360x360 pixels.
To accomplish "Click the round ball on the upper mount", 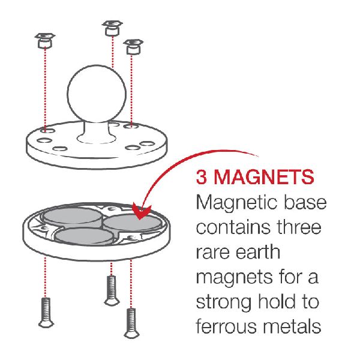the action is pos(97,94).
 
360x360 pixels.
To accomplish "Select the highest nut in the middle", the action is pos(112,28).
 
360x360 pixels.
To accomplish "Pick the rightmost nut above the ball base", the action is pos(133,47).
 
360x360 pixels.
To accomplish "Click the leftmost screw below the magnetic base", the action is pos(46,313).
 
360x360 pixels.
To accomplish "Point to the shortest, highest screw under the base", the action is pos(112,290).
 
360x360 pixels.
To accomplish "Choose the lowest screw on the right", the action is pos(131,323).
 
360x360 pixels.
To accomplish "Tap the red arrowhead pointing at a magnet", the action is pos(142,212).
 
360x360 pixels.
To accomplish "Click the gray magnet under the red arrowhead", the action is pos(133,222).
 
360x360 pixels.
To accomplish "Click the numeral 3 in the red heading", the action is pos(202,177).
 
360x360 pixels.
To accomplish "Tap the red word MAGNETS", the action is pos(264,177).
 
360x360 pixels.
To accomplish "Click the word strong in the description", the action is pos(224,302).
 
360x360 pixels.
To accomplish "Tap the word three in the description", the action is pos(299,227).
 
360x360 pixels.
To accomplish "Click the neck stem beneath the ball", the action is pos(96,131).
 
